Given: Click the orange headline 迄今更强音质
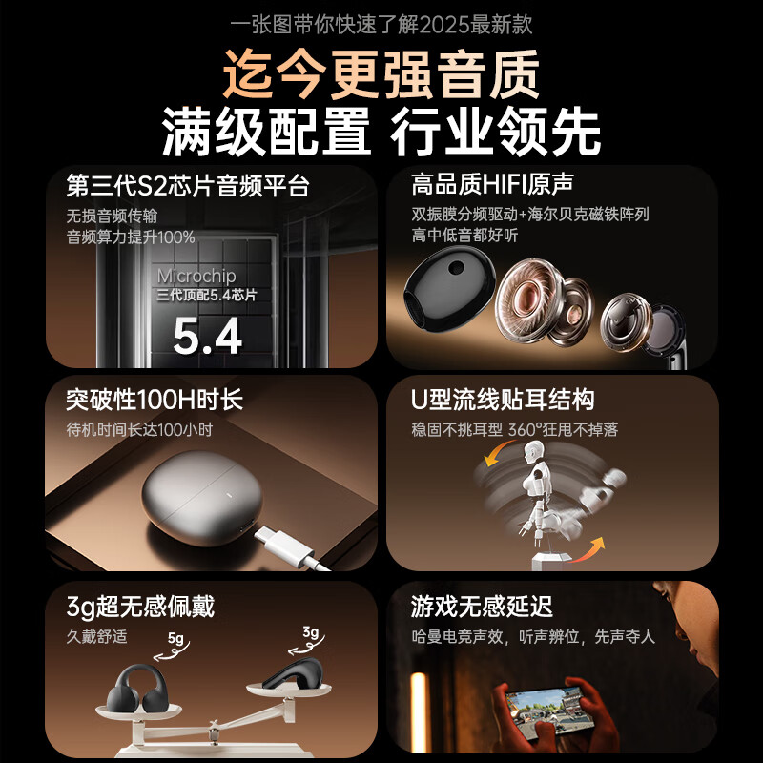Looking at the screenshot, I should point(381,74).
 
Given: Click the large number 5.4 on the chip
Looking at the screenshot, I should point(208,335).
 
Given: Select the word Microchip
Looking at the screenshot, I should point(196,277).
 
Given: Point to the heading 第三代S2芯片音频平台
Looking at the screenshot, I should point(188,185).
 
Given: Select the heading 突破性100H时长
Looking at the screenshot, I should point(155,399).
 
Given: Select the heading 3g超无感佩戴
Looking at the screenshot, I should point(140,606).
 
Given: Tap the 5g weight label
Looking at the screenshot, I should point(175,638).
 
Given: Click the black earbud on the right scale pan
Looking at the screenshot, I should point(292,672).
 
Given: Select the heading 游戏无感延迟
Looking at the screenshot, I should point(482,606).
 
